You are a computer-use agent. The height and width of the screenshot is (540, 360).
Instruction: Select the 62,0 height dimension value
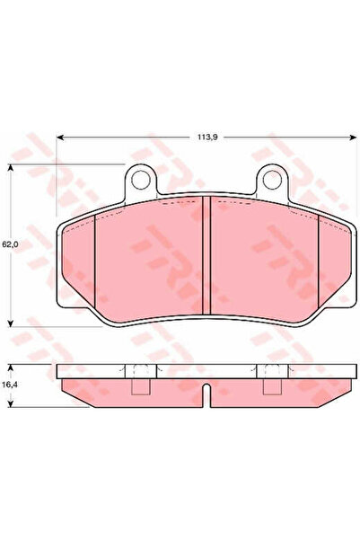tap(10, 243)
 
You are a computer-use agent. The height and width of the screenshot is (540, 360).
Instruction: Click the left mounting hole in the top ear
tap(141, 181)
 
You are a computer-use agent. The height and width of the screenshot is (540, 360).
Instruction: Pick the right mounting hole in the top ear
tap(272, 181)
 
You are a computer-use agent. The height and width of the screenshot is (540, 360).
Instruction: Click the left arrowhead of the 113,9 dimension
tap(60, 137)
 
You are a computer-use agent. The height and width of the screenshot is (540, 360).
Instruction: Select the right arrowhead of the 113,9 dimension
tap(351, 137)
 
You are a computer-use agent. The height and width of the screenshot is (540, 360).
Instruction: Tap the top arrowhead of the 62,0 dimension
tap(11, 168)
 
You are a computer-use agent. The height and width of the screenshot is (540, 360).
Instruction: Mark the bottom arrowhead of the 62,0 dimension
tap(11, 322)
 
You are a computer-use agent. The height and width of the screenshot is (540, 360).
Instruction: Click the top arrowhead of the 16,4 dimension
tap(11, 367)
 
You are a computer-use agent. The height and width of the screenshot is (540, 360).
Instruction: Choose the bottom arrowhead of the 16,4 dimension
tap(11, 398)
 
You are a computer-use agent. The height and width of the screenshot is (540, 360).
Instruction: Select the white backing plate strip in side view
tap(206, 371)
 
